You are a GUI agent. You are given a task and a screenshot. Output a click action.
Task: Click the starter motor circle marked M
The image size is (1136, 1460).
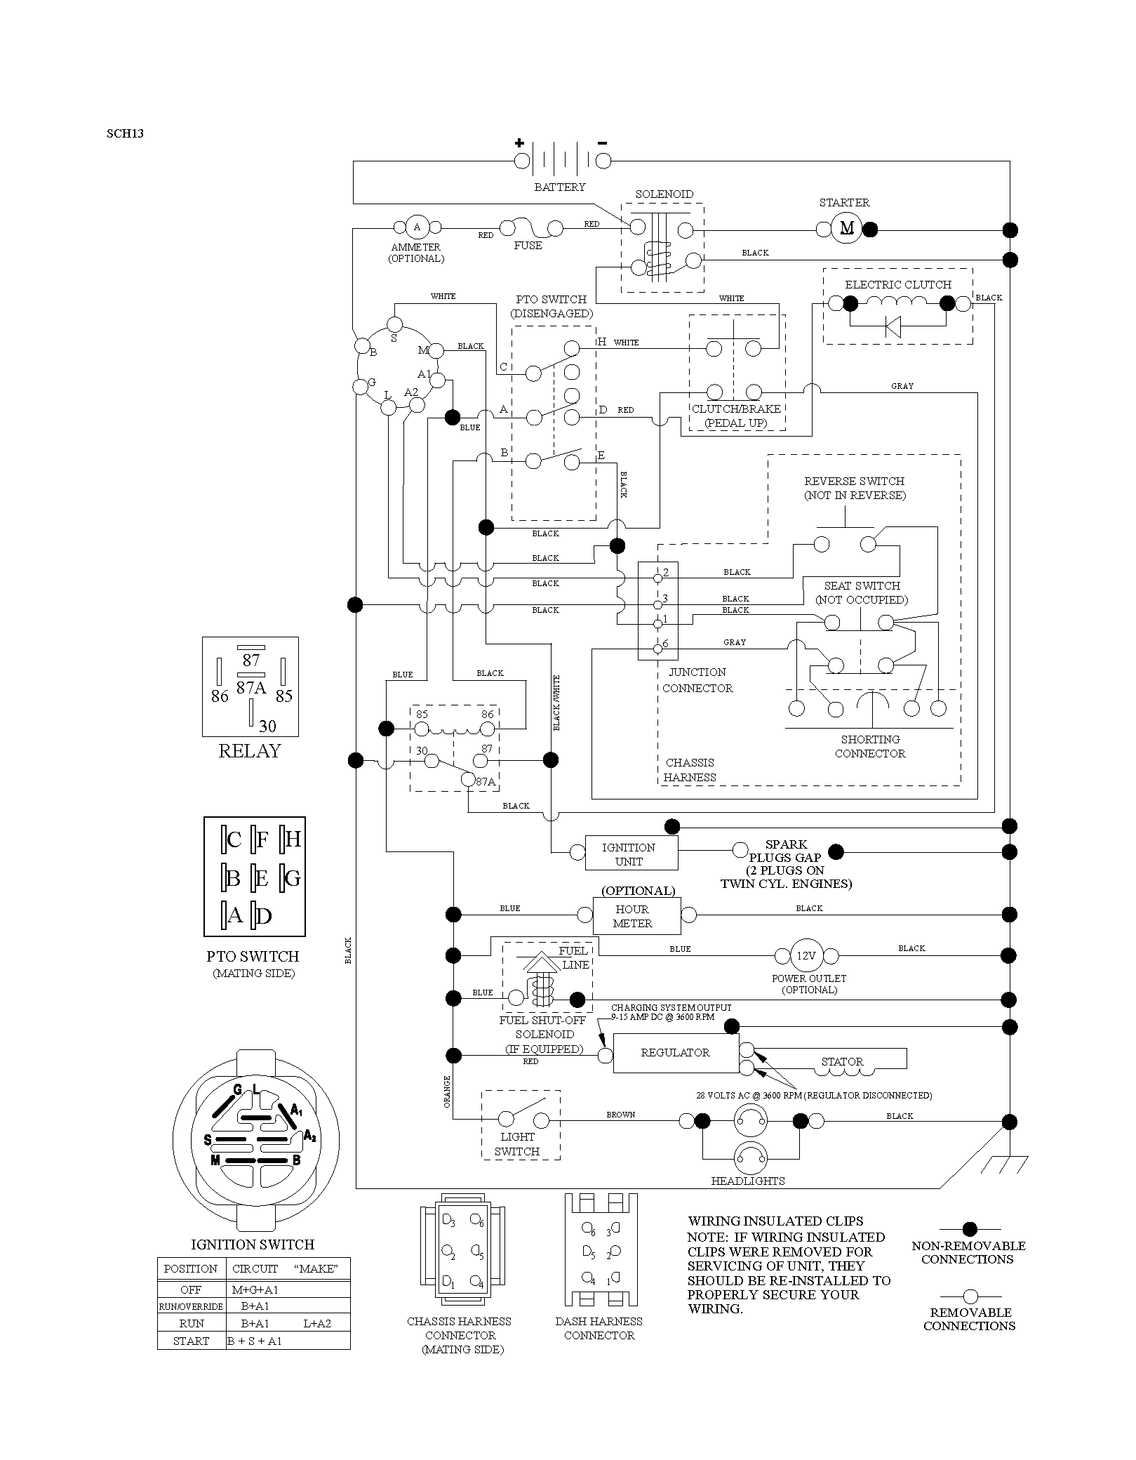click(848, 228)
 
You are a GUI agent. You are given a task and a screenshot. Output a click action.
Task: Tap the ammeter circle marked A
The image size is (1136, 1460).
click(417, 227)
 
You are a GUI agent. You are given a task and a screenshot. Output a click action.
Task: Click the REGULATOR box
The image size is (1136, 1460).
click(676, 1053)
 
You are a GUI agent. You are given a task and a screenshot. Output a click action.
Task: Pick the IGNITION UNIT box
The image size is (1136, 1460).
click(632, 853)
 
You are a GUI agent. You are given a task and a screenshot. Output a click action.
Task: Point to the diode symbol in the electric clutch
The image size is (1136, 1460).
click(893, 326)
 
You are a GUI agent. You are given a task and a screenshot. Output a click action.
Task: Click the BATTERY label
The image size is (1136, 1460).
click(559, 187)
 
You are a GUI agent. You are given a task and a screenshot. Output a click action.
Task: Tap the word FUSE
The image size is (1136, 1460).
click(528, 246)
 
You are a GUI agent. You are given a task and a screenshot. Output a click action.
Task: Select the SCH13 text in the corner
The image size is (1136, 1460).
click(125, 133)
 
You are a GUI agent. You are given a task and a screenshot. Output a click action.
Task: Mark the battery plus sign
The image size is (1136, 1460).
click(519, 142)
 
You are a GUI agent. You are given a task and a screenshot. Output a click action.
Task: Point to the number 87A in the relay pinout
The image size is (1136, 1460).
click(250, 688)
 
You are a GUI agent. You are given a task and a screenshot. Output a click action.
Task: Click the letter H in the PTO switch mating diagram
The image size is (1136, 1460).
click(293, 839)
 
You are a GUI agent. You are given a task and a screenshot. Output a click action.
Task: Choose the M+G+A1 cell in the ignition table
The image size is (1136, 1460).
click(250, 1289)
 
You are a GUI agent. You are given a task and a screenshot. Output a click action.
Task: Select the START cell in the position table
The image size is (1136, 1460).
click(191, 1341)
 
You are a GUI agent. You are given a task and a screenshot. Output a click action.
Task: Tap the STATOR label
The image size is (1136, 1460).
click(842, 1062)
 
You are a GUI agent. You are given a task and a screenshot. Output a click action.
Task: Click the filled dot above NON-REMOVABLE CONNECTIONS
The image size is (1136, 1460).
click(970, 1229)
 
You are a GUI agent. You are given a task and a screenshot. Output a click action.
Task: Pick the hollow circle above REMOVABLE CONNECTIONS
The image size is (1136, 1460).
click(970, 1296)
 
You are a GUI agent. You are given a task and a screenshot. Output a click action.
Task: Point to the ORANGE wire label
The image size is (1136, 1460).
click(447, 1092)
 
